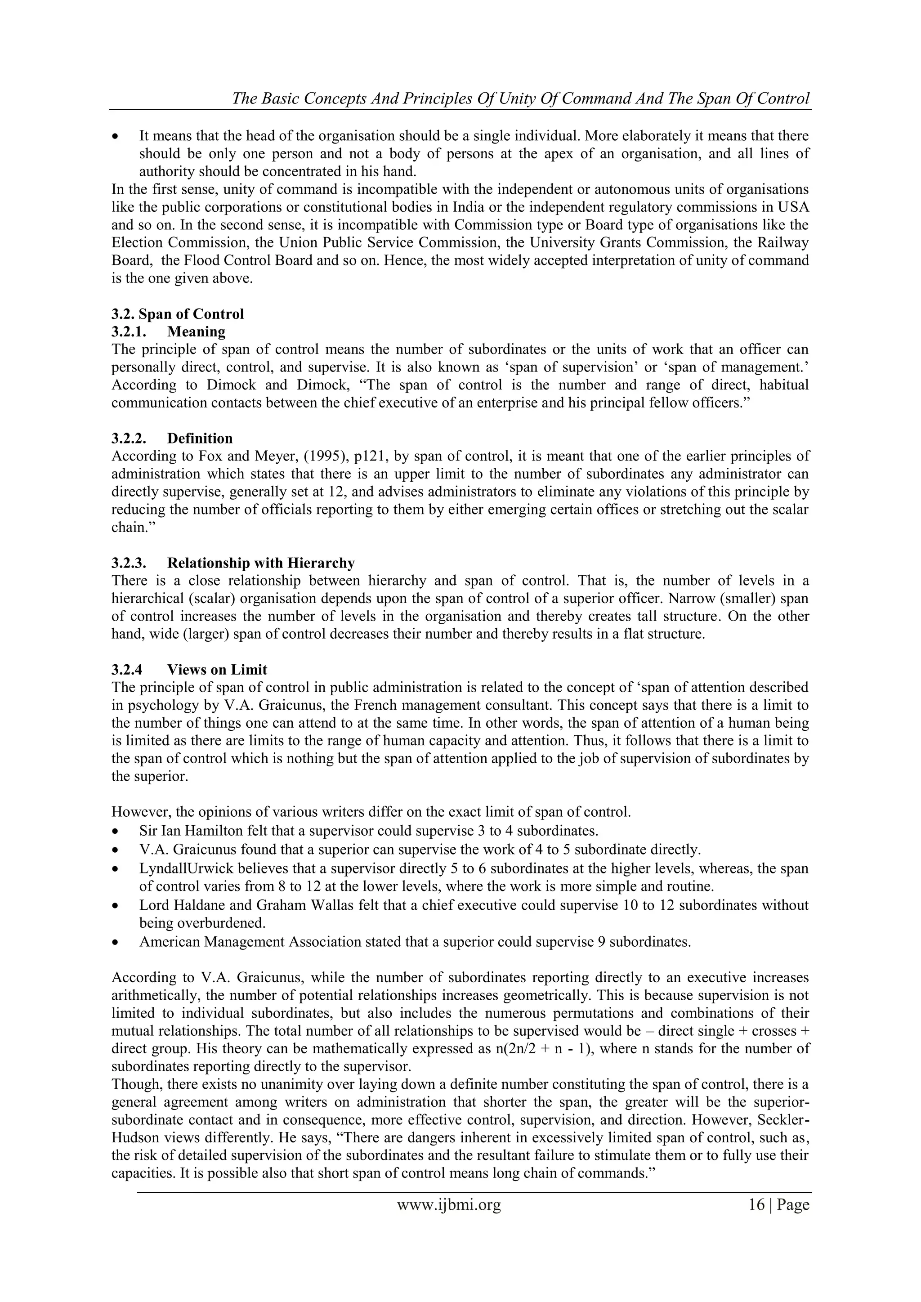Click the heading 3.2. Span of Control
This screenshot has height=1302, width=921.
pos(178,314)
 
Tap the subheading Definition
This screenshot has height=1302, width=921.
pos(200,438)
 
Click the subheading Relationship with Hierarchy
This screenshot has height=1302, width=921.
pos(261,563)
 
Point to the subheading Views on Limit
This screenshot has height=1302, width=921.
pos(217,670)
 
